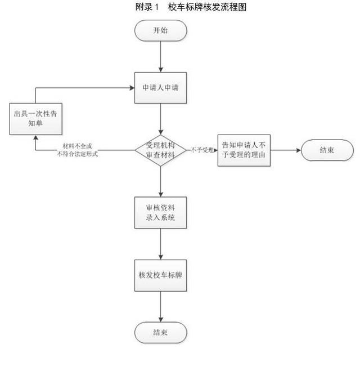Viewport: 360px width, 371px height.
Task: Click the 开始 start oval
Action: click(160, 30)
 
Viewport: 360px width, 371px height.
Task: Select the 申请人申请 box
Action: click(160, 88)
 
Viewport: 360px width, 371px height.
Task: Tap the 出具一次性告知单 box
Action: click(35, 118)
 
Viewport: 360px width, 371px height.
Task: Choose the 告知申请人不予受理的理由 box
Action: click(245, 150)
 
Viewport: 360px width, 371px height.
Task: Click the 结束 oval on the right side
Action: click(327, 150)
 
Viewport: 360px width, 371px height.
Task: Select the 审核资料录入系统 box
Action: click(160, 212)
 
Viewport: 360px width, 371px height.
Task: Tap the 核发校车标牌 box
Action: click(160, 275)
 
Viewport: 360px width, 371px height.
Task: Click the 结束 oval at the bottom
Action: click(160, 332)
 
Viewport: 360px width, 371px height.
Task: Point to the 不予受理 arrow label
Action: click(201, 150)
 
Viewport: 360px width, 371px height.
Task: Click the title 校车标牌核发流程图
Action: click(208, 7)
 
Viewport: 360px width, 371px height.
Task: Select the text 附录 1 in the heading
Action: click(147, 7)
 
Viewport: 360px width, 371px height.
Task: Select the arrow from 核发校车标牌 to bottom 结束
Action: click(161, 306)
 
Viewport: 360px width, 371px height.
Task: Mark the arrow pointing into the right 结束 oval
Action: click(287, 150)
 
